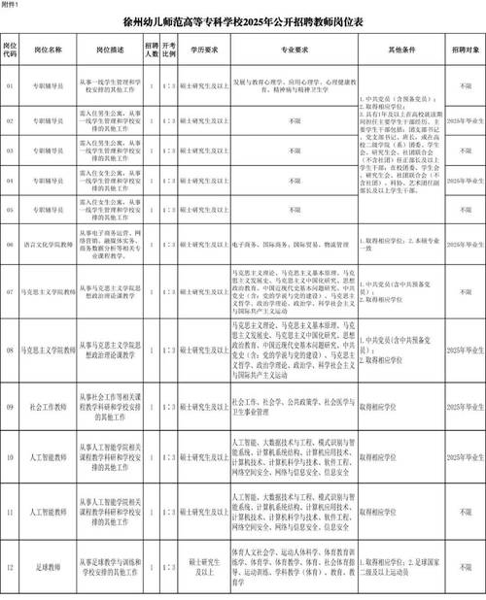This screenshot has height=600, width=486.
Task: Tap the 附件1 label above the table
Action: (15, 6)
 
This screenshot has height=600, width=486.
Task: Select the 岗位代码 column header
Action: (10, 48)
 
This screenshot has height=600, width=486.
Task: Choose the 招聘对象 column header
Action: (463, 48)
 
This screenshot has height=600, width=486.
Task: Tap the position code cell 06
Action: (10, 247)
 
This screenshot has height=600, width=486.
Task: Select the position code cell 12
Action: (10, 566)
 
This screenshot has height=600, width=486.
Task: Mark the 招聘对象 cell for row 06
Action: (463, 247)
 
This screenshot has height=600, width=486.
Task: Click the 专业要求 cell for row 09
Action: (293, 395)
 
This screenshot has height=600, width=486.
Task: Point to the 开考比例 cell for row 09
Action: (168, 395)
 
